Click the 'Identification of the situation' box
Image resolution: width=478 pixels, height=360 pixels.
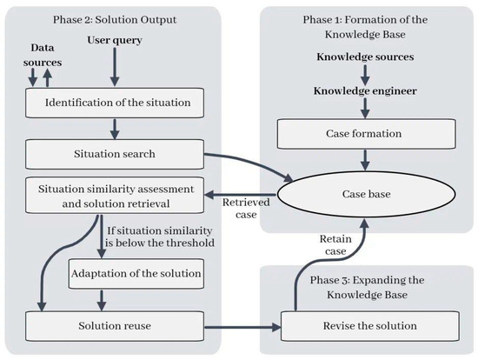115,103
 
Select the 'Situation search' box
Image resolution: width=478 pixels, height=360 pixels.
115,154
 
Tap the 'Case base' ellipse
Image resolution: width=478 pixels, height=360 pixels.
366,194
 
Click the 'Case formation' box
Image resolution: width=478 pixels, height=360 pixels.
367,134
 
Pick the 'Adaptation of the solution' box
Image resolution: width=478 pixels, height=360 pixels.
136,274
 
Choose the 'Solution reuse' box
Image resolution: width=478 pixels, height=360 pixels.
115,326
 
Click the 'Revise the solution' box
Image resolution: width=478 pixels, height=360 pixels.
369,326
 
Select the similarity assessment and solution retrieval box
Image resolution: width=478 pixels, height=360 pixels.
115,196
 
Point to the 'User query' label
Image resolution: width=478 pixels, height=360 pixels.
115,40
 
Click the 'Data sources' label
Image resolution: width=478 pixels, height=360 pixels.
43,55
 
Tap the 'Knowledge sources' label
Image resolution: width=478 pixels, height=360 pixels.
365,57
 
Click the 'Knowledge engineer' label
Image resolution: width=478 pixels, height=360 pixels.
365,91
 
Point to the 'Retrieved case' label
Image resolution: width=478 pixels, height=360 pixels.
246,209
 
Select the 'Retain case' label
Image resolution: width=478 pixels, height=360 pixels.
335,245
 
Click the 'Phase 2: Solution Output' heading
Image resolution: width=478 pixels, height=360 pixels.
115,20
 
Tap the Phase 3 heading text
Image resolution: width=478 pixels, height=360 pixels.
367,287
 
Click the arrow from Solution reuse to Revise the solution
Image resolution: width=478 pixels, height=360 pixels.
242,327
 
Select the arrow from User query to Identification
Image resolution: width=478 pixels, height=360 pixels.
115,67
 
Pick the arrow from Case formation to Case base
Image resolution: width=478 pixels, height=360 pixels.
365,160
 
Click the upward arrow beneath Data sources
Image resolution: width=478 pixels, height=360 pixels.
47,77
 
